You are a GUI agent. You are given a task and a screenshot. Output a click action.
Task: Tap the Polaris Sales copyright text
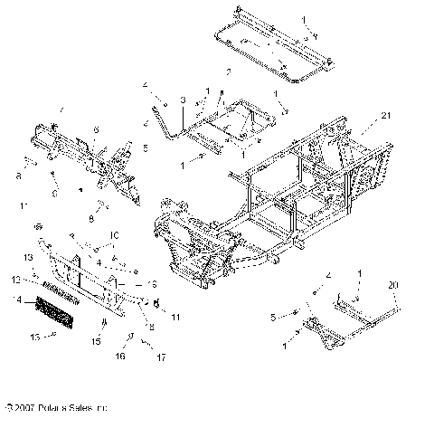point(56,410)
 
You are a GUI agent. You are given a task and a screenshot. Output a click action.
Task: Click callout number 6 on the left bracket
point(93,130)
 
